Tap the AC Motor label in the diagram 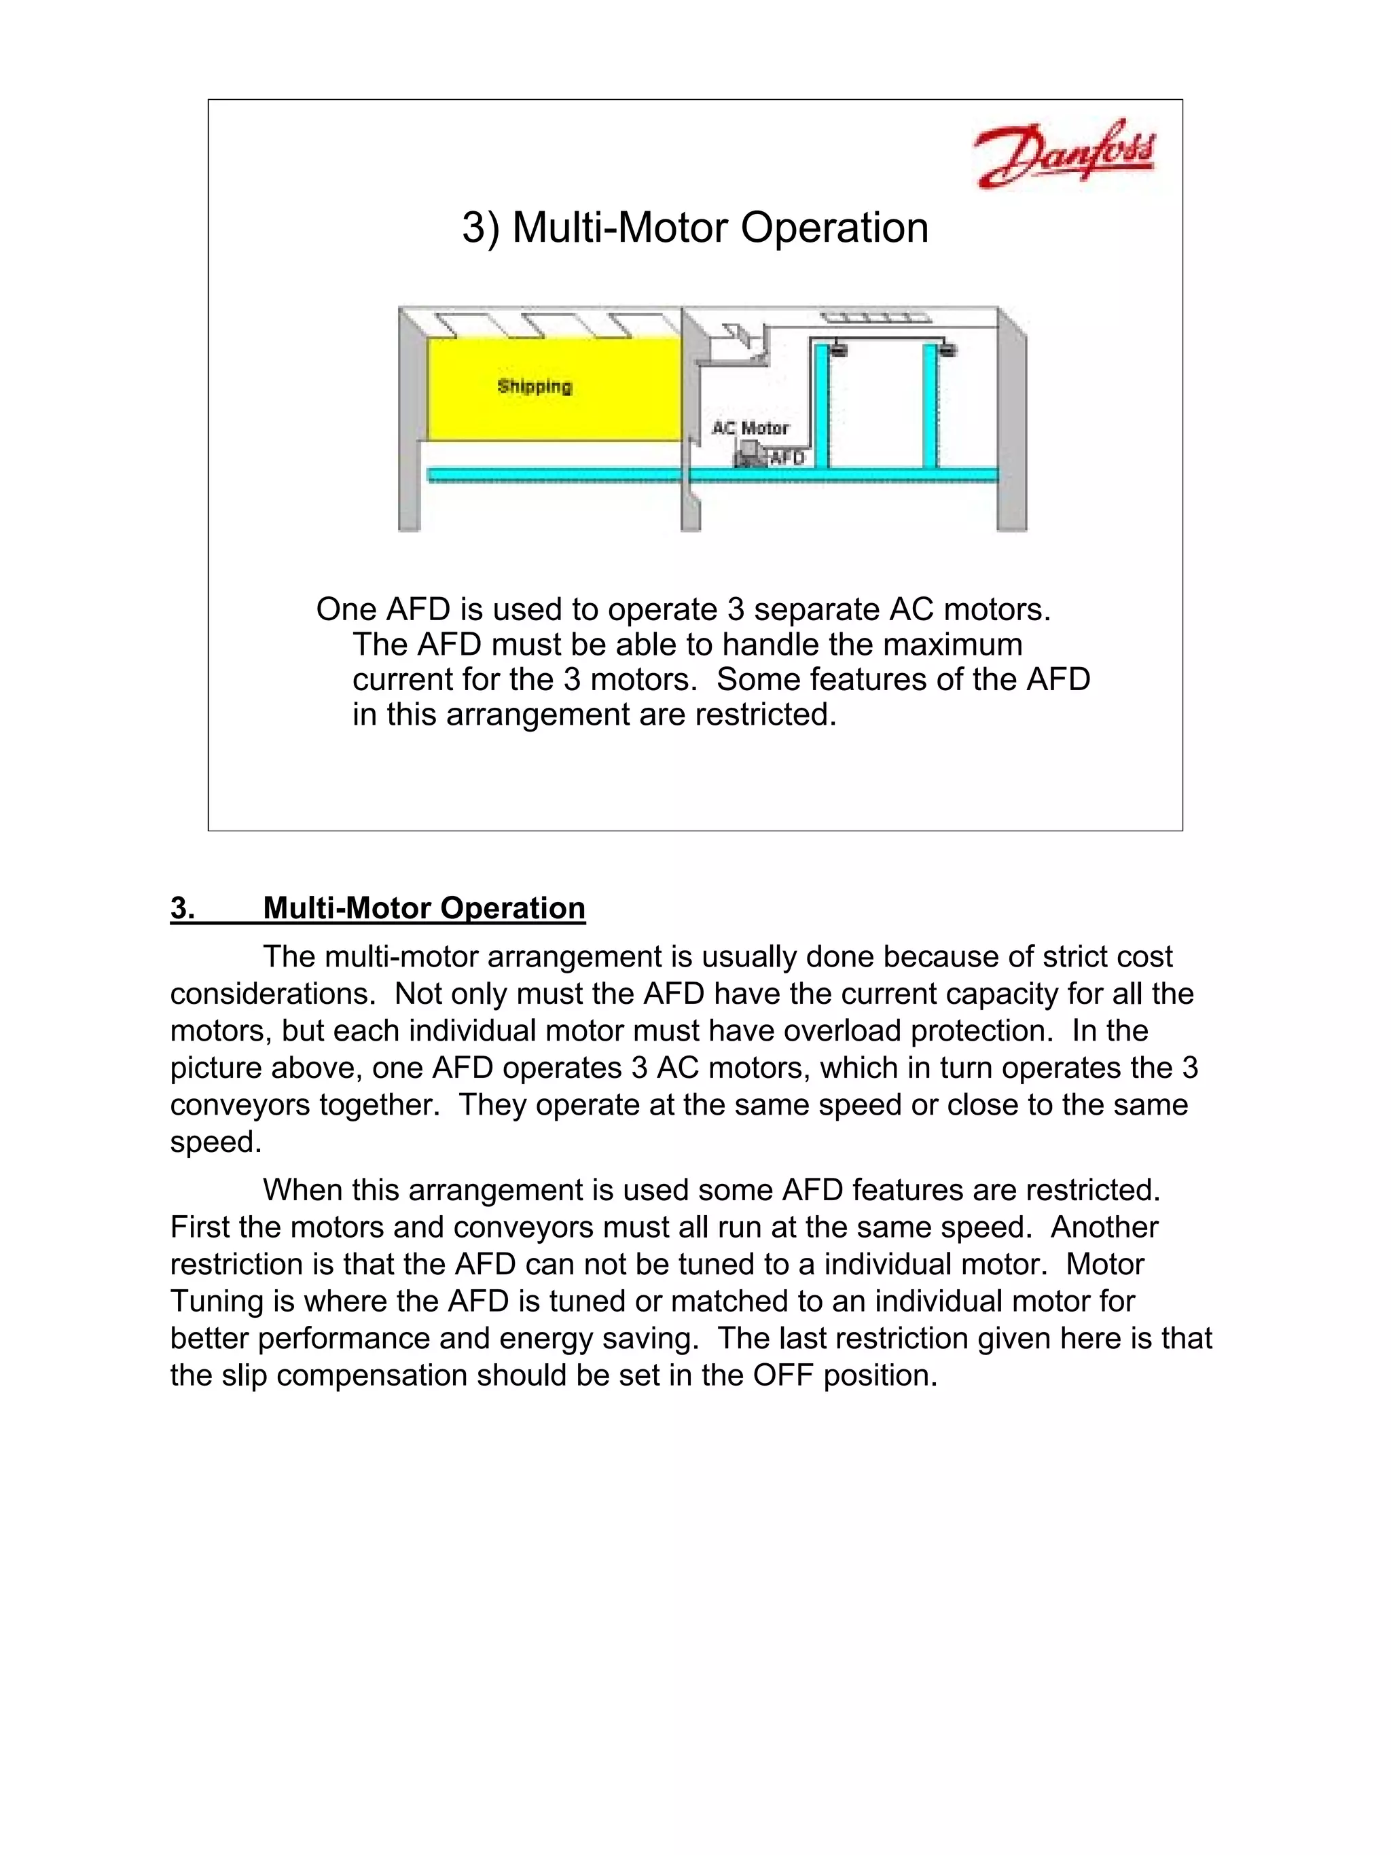pos(751,428)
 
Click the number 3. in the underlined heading pos(183,908)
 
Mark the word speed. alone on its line pos(215,1142)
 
